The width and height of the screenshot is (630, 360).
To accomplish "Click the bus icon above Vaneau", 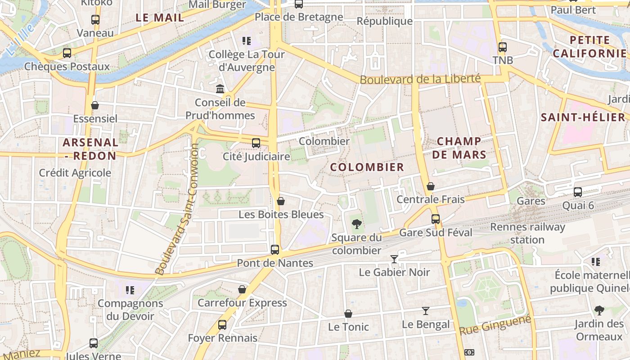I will pos(95,20).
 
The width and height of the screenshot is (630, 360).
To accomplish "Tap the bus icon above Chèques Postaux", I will pos(67,53).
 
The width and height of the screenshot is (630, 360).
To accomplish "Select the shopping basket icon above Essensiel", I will pos(95,106).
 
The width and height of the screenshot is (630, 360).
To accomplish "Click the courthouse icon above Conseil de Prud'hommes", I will pos(220,89).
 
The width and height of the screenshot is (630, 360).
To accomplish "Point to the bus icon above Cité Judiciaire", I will pos(256,143).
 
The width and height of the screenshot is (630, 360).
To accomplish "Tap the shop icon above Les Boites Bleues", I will pos(281,201).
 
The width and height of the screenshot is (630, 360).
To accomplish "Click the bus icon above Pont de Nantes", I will pos(275,249).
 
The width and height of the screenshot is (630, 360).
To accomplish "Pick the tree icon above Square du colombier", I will pos(356,224).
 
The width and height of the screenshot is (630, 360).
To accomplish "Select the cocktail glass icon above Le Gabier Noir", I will pos(394,259).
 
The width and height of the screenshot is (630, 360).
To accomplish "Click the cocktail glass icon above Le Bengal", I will pos(426,311).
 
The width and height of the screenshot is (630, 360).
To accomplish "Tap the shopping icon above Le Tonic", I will pos(348,314).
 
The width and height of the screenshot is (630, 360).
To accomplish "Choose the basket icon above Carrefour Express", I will pos(242,289).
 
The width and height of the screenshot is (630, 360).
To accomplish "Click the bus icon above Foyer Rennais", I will pos(222,324).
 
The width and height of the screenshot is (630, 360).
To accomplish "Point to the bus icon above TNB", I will pos(503,47).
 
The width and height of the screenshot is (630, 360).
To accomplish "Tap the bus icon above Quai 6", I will pos(578,192).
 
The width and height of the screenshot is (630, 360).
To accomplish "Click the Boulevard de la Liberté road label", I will pos(420,79).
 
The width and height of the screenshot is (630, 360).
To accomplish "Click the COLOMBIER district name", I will pos(367,167).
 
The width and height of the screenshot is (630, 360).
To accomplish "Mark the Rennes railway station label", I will pos(527,233).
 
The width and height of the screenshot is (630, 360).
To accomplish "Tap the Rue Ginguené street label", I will pos(495,324).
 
